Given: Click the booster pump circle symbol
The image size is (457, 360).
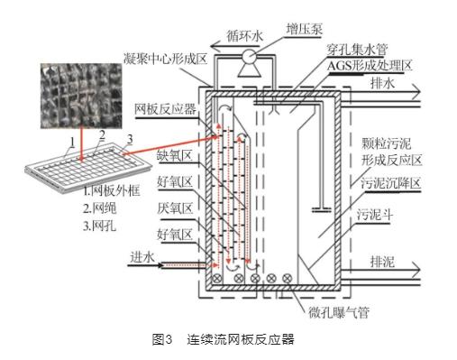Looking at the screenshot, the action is [x=249, y=56].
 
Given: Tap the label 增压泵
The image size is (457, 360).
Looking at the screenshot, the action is [x=304, y=30].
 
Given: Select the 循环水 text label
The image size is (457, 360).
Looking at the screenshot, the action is [x=244, y=36].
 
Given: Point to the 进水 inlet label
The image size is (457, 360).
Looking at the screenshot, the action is [x=142, y=257].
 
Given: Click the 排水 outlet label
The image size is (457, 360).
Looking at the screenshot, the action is [x=382, y=83].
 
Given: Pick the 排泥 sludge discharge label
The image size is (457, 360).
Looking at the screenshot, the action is [x=382, y=262].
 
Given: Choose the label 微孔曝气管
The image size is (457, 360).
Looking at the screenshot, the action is [x=339, y=312].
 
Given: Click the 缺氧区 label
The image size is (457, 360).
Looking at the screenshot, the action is [x=175, y=156].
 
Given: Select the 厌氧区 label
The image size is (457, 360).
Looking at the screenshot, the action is [x=175, y=208].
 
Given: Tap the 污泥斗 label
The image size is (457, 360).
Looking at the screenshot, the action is [x=374, y=215].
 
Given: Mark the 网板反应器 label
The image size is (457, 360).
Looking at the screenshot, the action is [x=165, y=108].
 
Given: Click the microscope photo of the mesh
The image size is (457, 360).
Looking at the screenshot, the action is [x=81, y=96].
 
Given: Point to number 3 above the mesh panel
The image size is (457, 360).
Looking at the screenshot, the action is [x=130, y=139].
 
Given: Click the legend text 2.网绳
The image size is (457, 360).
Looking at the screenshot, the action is [x=99, y=208].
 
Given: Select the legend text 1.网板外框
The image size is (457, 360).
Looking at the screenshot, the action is [x=112, y=190].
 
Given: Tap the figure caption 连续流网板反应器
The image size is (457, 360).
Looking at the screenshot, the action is [x=240, y=339].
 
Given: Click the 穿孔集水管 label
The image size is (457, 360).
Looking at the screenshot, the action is [x=357, y=50].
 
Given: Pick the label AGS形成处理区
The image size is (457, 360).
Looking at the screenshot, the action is [x=370, y=66].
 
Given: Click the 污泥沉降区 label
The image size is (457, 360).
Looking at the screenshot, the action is [x=390, y=183].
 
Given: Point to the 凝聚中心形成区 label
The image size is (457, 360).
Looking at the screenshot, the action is [x=166, y=59].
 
